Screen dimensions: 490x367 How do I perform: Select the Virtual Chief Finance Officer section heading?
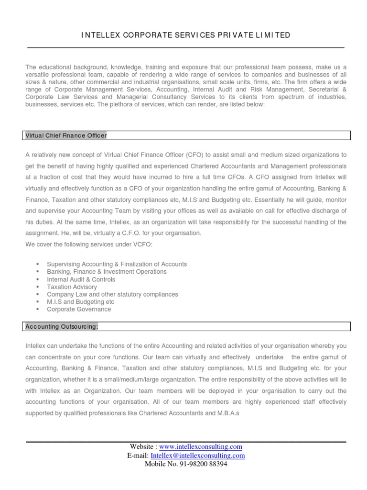[66, 135]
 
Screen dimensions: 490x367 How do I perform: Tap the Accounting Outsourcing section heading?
[62, 326]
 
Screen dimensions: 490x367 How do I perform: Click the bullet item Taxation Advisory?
[72, 287]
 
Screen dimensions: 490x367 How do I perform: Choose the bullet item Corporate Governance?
[79, 310]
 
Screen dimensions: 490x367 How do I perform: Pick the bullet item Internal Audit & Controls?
[81, 279]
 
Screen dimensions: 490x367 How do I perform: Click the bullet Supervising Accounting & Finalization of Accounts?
[117, 264]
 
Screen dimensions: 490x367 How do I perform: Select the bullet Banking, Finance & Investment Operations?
[107, 272]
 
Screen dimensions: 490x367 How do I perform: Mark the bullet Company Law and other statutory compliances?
[112, 294]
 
